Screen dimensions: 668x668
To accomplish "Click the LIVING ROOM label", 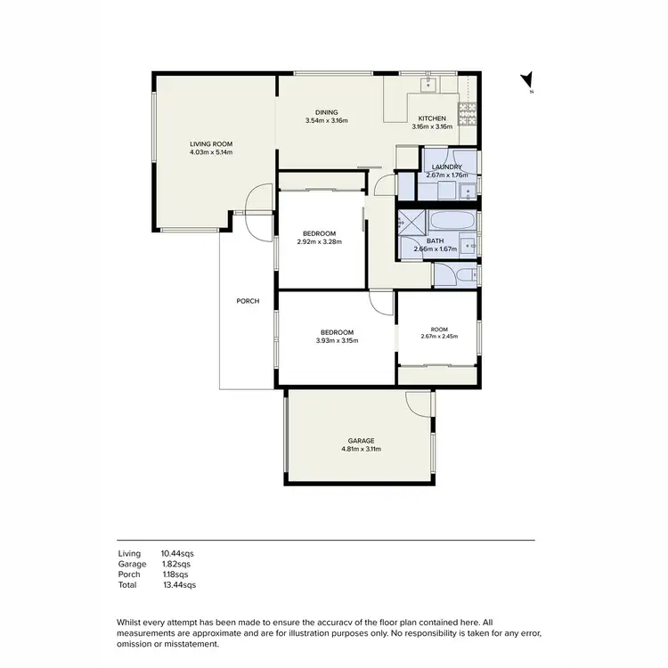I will [210, 143].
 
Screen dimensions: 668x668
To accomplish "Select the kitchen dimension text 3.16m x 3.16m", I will [432, 126].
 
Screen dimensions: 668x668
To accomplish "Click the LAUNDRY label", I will [446, 167].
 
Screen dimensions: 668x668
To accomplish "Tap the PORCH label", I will [248, 301].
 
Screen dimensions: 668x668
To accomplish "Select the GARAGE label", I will [361, 441].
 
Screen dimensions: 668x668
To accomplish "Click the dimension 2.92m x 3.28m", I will [321, 241].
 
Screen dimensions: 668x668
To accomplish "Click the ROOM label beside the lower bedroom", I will [439, 329].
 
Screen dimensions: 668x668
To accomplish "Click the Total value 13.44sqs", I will [178, 585].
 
